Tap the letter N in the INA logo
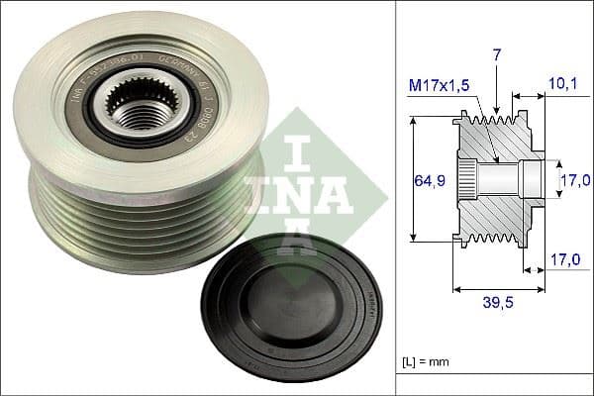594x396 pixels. pos(297,194)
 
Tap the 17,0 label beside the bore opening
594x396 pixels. pos(573,179)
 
